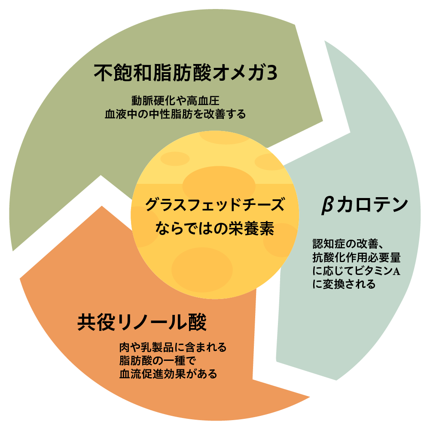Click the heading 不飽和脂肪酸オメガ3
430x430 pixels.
(186, 73)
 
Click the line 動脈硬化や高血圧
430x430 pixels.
(176, 101)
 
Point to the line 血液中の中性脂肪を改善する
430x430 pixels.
(176, 114)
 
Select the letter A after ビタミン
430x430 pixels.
(396, 271)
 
